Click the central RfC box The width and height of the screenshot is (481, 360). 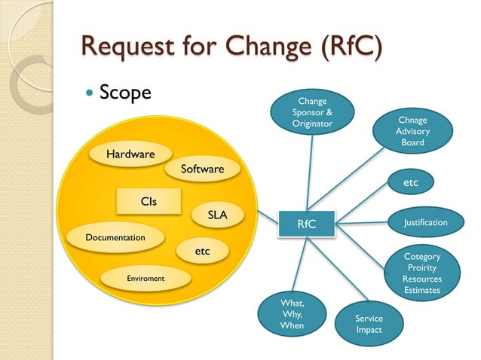[x=306, y=224]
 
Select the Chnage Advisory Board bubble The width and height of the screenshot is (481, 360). [x=412, y=131]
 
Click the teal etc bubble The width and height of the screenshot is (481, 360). [x=411, y=182]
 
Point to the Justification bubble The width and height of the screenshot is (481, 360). [x=425, y=222]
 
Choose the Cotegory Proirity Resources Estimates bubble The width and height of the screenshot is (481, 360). [x=422, y=273]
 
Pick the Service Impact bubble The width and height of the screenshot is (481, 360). [x=369, y=324]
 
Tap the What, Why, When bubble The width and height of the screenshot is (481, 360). [x=292, y=314]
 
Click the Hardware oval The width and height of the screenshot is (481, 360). [x=130, y=154]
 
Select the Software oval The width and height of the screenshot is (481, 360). [x=202, y=169]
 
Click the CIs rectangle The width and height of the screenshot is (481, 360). [x=149, y=201]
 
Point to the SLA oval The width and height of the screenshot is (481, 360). [x=218, y=215]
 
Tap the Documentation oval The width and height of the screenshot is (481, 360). [x=115, y=237]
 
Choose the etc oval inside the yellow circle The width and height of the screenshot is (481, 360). [x=202, y=252]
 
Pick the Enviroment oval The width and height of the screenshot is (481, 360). [x=146, y=279]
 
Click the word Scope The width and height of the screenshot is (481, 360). [x=125, y=93]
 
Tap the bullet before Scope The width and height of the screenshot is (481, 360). [x=91, y=94]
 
